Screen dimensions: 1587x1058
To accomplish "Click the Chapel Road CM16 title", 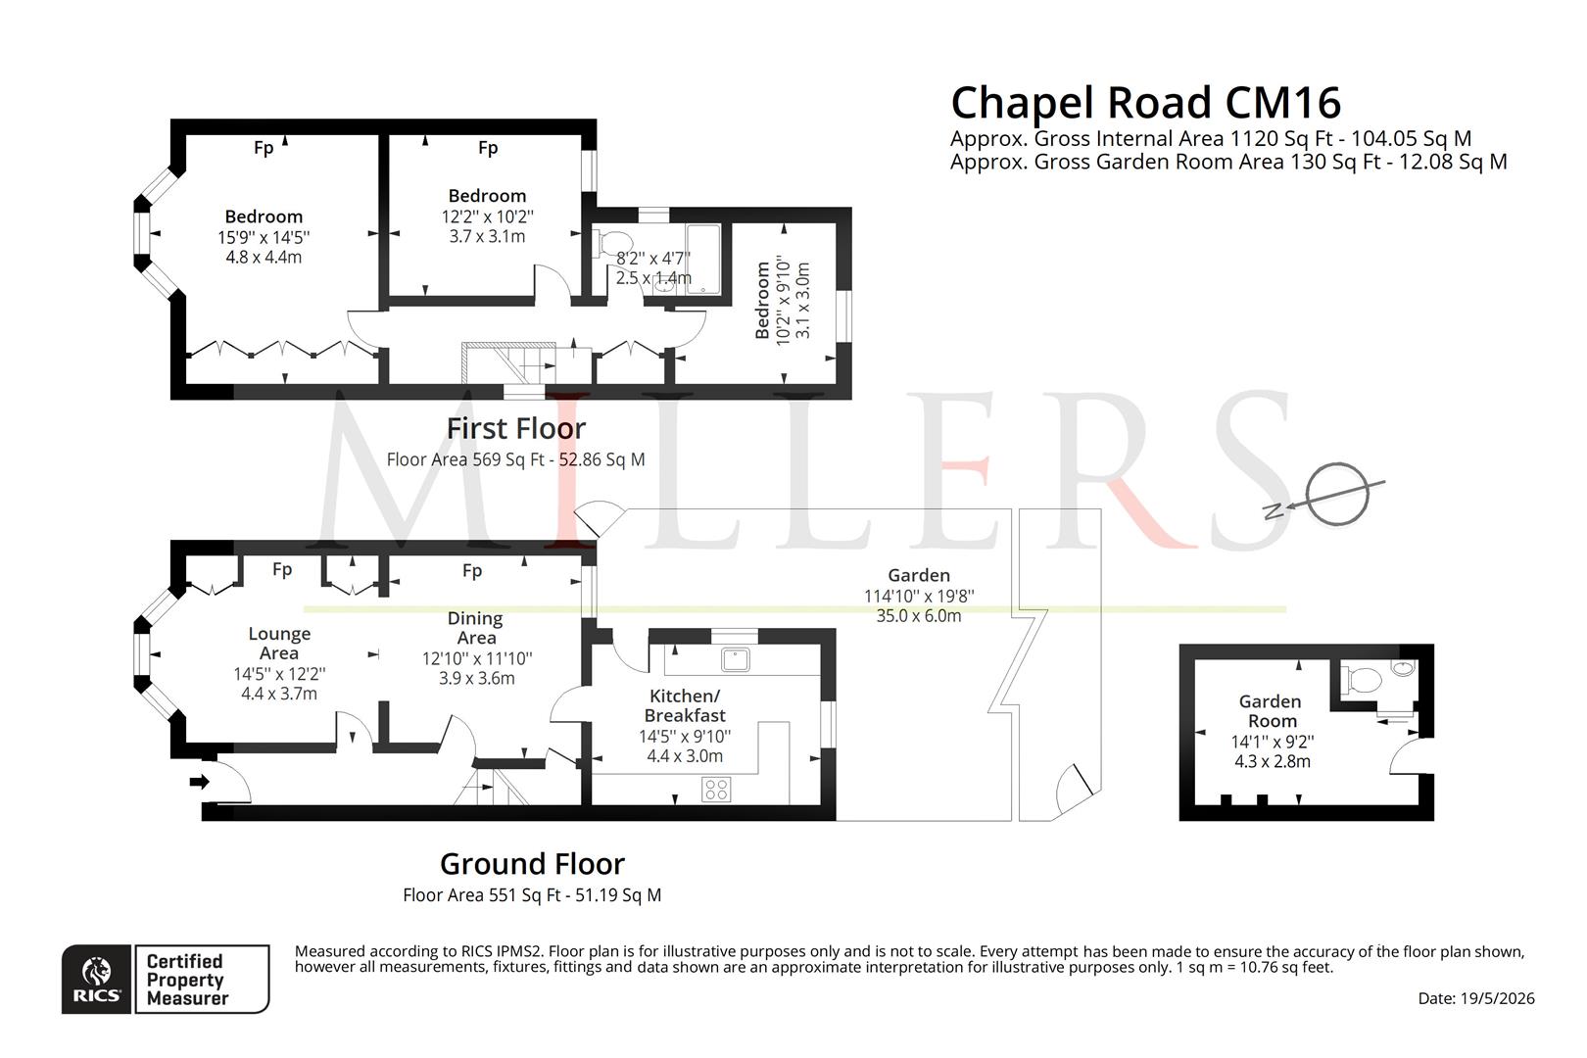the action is tap(1145, 103).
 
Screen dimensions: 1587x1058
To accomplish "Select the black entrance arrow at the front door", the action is tap(200, 782).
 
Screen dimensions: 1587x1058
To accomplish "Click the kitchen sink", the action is tap(736, 659).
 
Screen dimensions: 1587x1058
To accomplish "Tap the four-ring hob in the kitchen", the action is tap(716, 790).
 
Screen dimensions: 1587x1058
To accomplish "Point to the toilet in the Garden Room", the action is tap(1361, 681).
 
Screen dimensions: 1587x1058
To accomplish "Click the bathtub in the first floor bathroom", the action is tap(702, 260).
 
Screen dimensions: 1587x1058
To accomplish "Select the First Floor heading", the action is tap(515, 429).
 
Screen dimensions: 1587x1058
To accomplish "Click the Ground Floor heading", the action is tap(532, 865).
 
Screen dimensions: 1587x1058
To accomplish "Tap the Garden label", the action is tap(919, 575).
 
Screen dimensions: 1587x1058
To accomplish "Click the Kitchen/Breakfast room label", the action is tap(685, 705).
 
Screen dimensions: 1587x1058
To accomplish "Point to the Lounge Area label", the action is tap(279, 643).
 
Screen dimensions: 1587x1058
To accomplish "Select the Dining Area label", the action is tap(475, 628).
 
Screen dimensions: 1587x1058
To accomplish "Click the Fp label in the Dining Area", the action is tap(472, 570).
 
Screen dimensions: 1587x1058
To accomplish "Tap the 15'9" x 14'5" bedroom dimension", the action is tap(264, 237).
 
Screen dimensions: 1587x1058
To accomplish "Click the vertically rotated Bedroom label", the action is tap(762, 300).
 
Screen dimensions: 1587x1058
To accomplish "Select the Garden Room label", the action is tap(1271, 711).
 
